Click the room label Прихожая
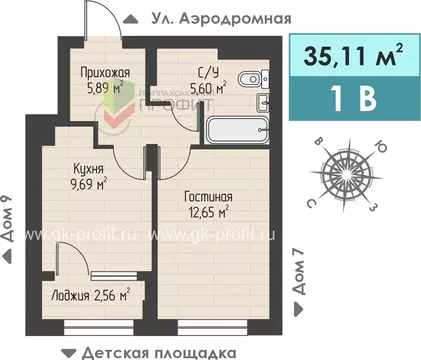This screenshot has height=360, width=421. coord(106,72)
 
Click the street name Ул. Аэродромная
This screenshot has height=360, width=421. coord(220,18)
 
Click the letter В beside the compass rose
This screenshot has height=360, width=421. coord(318,143)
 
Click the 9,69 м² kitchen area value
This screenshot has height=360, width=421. coord(88,183)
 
